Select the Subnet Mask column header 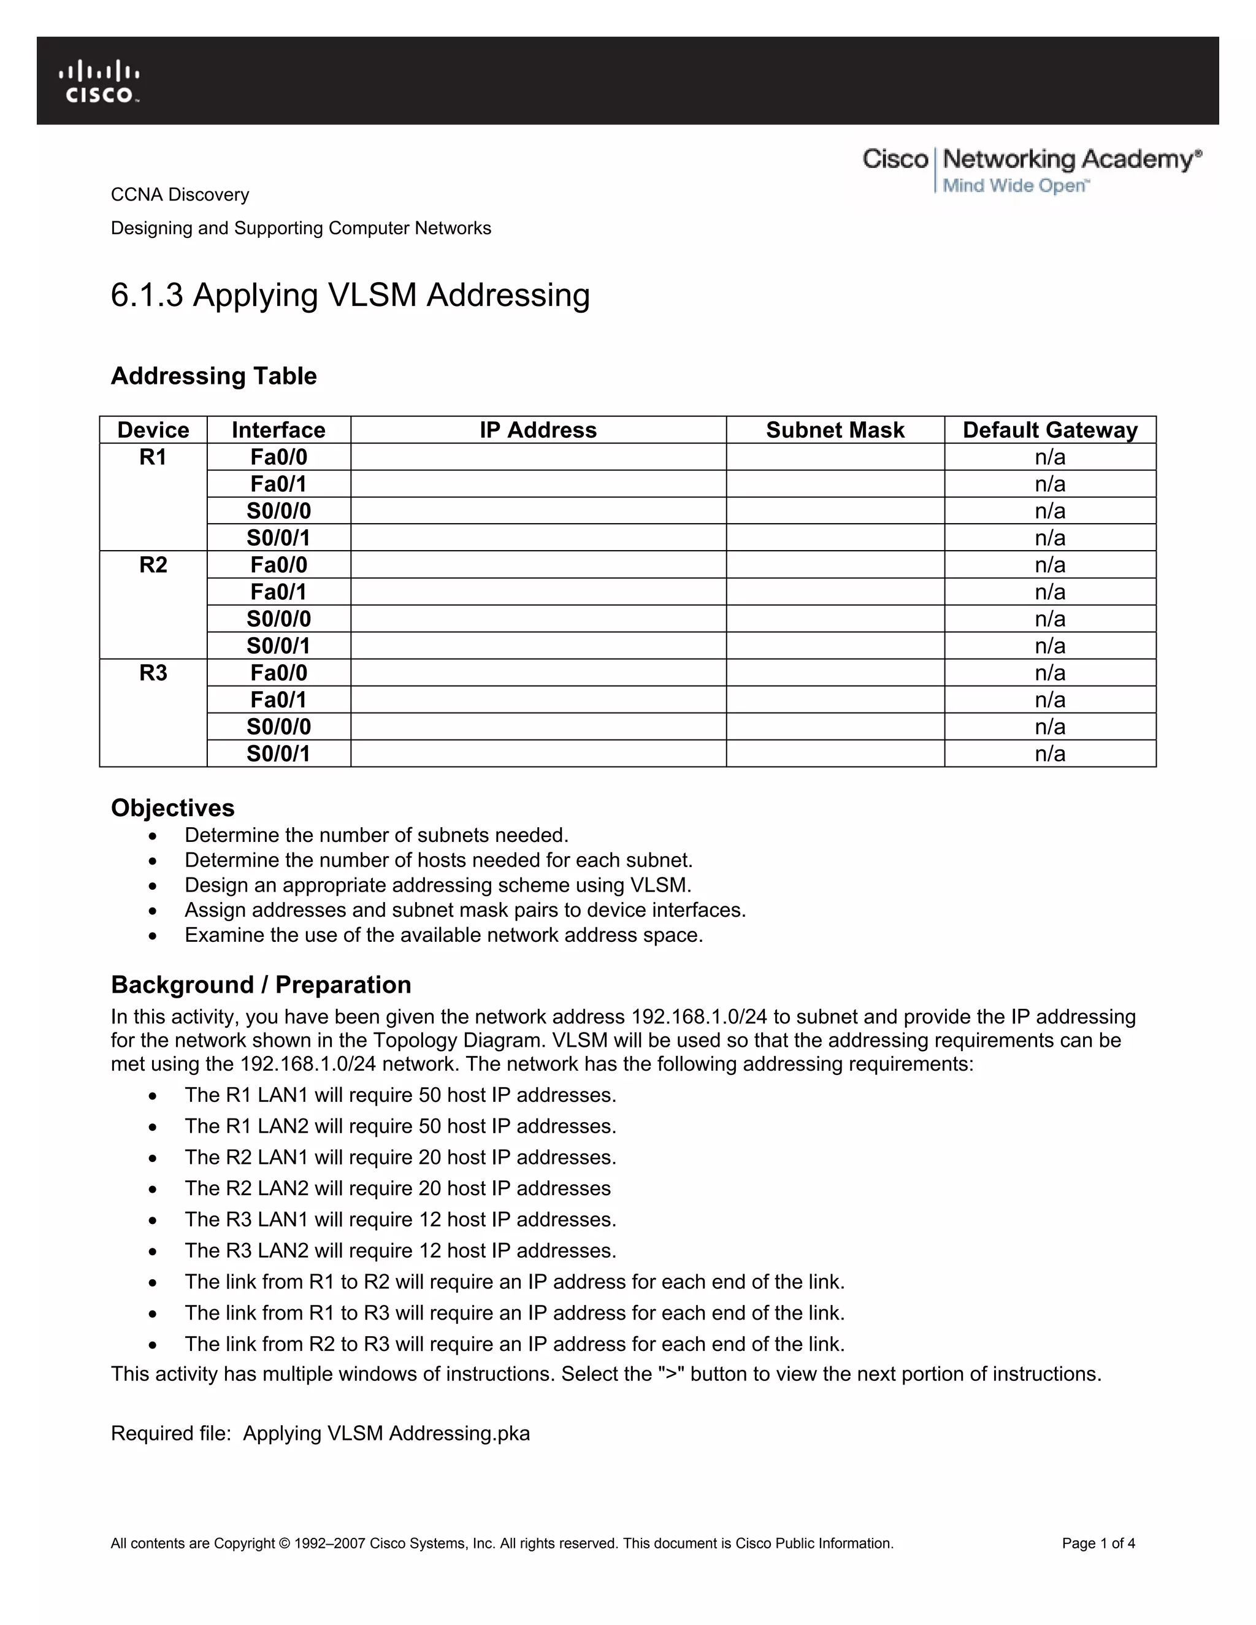[x=835, y=430]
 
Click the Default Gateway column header [x=1049, y=430]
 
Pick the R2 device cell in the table [x=153, y=565]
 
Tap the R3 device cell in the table [x=153, y=673]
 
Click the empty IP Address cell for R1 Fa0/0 [x=538, y=457]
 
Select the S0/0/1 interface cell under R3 [x=278, y=754]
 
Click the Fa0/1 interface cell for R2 [x=278, y=592]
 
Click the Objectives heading [x=172, y=808]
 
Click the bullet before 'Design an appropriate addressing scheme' [x=153, y=886]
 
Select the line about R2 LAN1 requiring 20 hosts [x=400, y=1157]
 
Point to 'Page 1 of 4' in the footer [x=1098, y=1543]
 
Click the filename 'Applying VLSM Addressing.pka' [x=386, y=1433]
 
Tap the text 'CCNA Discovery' [x=180, y=194]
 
